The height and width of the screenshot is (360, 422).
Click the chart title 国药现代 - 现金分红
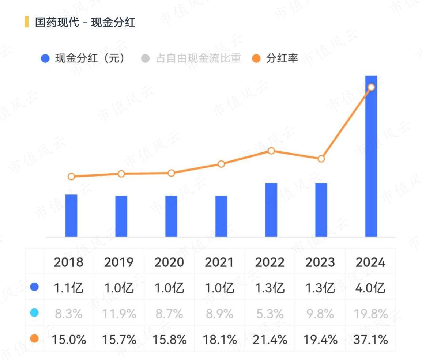pos(85,22)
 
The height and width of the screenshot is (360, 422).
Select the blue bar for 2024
pos(371,157)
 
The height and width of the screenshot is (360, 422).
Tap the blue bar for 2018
pos(71,216)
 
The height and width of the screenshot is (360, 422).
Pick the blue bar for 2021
pos(221,216)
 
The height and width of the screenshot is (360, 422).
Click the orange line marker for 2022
pos(271,151)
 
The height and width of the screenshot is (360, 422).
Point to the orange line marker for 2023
pos(321,159)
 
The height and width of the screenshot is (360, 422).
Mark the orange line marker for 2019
pos(121,174)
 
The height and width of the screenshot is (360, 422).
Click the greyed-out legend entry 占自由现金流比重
pos(192,58)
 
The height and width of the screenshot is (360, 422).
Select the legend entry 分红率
pos(276,58)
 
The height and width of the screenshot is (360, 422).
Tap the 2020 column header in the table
pos(169,262)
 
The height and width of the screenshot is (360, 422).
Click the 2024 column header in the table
pos(371,262)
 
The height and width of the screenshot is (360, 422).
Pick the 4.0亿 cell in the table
pos(371,288)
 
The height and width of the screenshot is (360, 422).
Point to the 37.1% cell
pos(371,340)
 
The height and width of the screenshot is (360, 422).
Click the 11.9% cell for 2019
pos(119,314)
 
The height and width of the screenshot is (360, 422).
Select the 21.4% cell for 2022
pos(270,340)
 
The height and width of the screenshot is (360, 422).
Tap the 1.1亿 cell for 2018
pos(69,288)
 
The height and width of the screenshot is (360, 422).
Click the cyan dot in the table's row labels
pos(34,313)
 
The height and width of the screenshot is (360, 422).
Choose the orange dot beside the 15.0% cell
pos(34,339)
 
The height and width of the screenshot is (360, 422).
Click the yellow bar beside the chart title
pos(26,22)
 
